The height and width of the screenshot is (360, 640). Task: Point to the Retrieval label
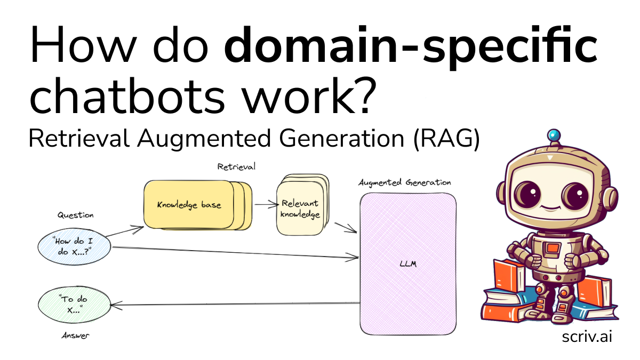tap(236, 166)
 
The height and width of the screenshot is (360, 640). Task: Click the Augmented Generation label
tap(404, 182)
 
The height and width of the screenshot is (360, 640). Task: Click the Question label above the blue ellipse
tap(75, 215)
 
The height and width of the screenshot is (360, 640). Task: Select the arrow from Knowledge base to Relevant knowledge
tap(267, 204)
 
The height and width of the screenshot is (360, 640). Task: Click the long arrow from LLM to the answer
tap(235, 304)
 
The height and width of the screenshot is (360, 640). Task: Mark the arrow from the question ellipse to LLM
tap(235, 253)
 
